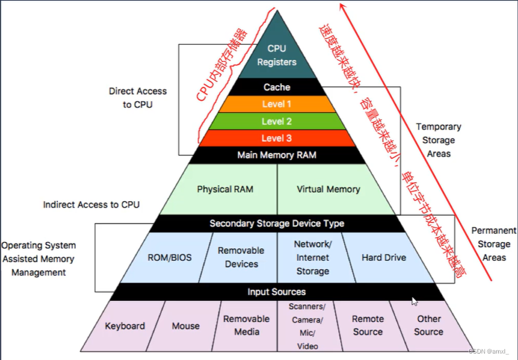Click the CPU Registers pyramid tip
pyautogui.click(x=277, y=55)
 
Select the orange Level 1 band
pyautogui.click(x=277, y=104)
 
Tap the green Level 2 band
pyautogui.click(x=277, y=121)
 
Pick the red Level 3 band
pyautogui.click(x=277, y=138)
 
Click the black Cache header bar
pyautogui.click(x=277, y=87)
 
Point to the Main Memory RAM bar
pyautogui.click(x=277, y=155)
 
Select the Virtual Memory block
pyautogui.click(x=329, y=189)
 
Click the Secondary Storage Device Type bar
pyautogui.click(x=277, y=223)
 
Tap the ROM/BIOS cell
pyautogui.click(x=170, y=257)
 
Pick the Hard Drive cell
pyautogui.click(x=384, y=257)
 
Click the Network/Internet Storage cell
pyautogui.click(x=313, y=257)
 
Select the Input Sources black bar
pyautogui.click(x=277, y=291)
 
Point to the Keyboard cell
pyautogui.click(x=124, y=326)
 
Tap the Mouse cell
pyautogui.click(x=185, y=326)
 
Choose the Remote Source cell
pyautogui.click(x=368, y=325)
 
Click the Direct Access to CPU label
pyautogui.click(x=137, y=98)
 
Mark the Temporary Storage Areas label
pyautogui.click(x=438, y=140)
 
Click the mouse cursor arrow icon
pyautogui.click(x=414, y=301)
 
